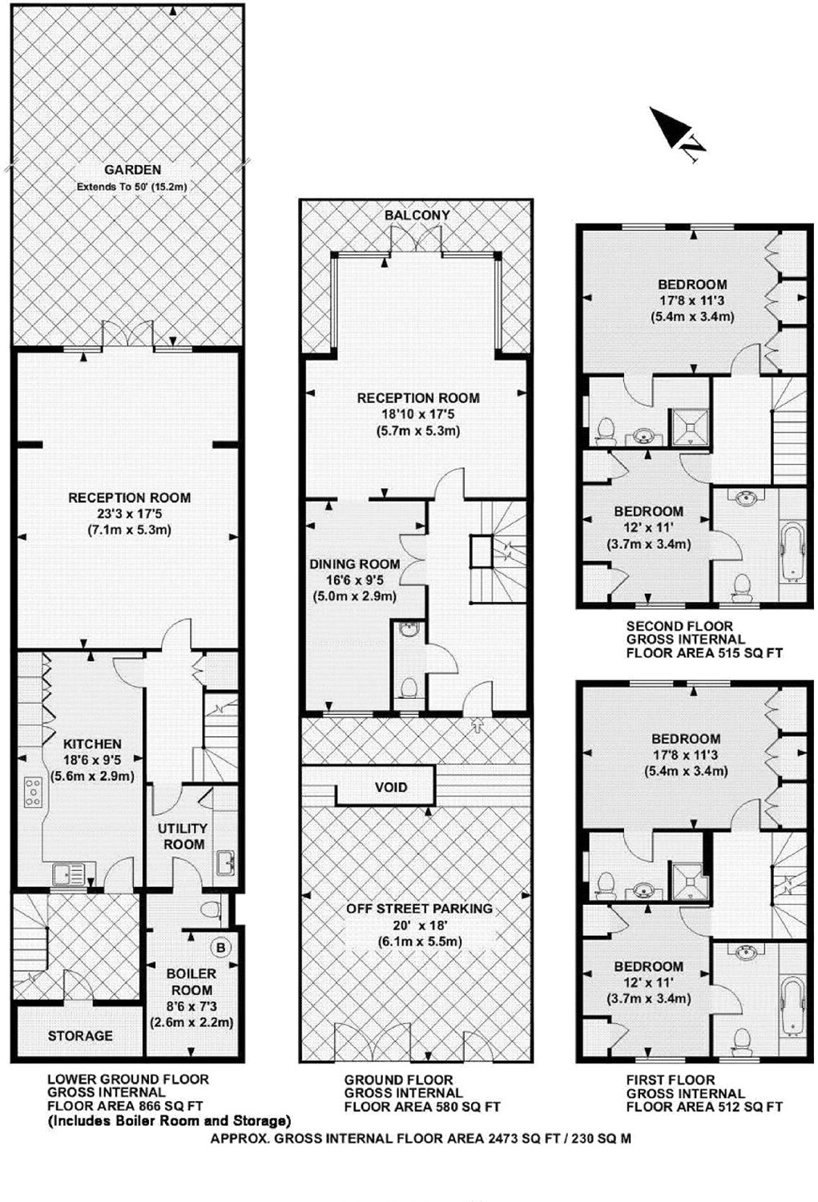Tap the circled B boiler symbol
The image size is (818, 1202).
(220, 948)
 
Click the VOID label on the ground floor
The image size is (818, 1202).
(391, 787)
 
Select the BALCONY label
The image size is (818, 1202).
(417, 216)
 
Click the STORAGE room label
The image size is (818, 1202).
(80, 1035)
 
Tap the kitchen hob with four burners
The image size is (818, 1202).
(34, 792)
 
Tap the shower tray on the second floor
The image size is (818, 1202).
(691, 427)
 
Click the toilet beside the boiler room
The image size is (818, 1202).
(211, 909)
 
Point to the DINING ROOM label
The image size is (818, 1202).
(355, 564)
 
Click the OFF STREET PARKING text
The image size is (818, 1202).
(419, 909)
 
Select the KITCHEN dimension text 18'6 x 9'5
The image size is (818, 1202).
(92, 760)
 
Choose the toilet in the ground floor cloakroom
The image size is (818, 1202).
(409, 686)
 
